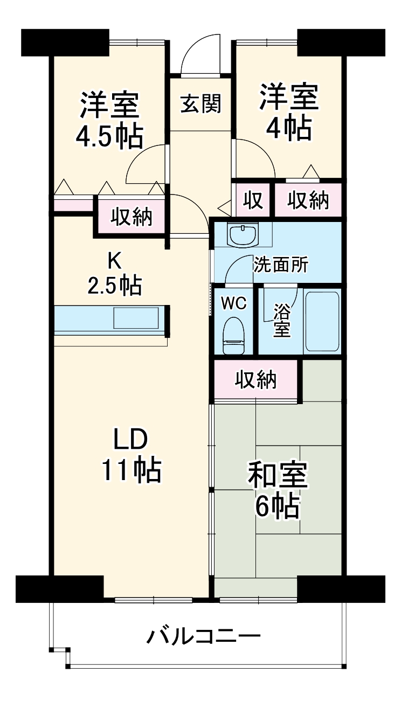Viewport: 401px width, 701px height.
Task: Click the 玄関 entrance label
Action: click(200, 104)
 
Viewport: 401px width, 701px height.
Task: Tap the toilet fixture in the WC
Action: click(233, 335)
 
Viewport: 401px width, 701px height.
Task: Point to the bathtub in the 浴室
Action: click(322, 321)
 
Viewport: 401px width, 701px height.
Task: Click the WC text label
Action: click(233, 303)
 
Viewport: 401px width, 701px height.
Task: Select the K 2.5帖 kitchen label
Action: click(115, 273)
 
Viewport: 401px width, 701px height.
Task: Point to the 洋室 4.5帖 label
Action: click(109, 121)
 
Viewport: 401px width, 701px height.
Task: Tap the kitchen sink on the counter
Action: click(135, 317)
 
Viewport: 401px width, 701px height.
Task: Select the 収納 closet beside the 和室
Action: click(255, 380)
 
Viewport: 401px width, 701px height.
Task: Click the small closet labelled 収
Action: click(252, 200)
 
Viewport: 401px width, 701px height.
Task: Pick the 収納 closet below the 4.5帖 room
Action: click(132, 217)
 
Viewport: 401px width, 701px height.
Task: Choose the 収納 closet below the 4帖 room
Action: click(307, 200)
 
